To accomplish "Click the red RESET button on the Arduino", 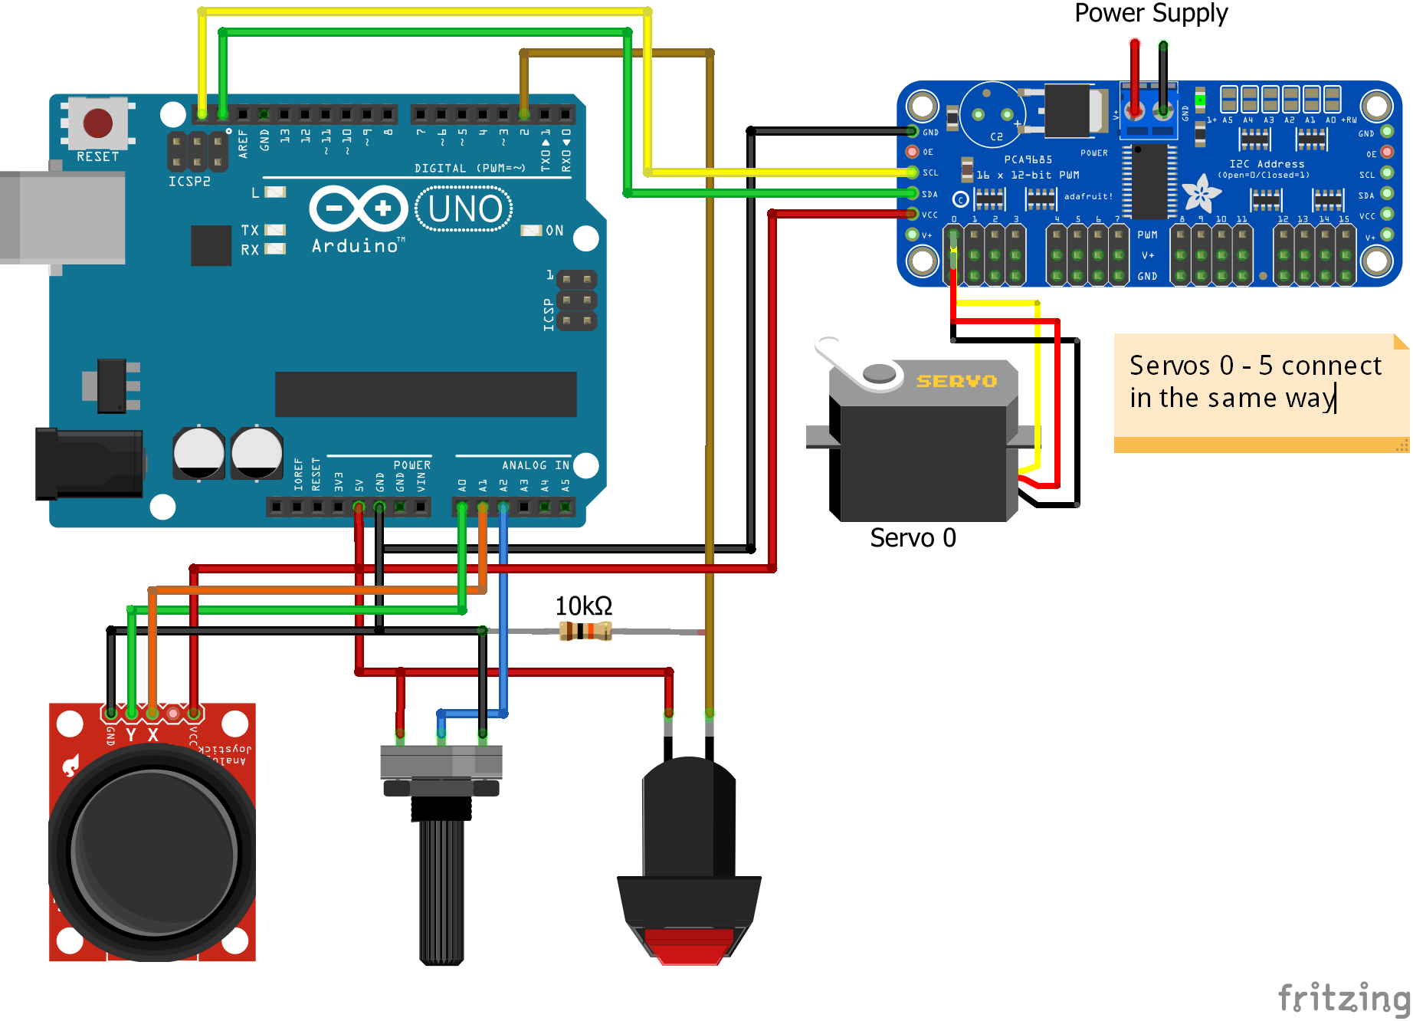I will tap(97, 123).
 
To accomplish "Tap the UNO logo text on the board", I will tap(464, 208).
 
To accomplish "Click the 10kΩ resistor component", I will tap(585, 631).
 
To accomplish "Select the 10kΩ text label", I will tap(583, 606).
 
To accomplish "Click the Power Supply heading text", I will tap(1150, 13).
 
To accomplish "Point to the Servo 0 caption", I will tap(912, 538).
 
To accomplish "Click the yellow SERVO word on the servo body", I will tap(956, 381).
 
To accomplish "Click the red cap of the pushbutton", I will tap(689, 944).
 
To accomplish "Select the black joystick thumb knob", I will tap(153, 851).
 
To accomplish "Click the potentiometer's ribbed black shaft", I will tap(441, 889).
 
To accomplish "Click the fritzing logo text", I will tap(1343, 998).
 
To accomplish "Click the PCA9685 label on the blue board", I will tap(1028, 159).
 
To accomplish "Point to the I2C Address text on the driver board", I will tap(1266, 164).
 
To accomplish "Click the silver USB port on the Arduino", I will tap(65, 217).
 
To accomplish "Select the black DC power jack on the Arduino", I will tap(88, 465).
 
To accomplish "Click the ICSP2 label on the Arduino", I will tap(189, 182).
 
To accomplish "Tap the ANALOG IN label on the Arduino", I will tap(535, 465).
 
